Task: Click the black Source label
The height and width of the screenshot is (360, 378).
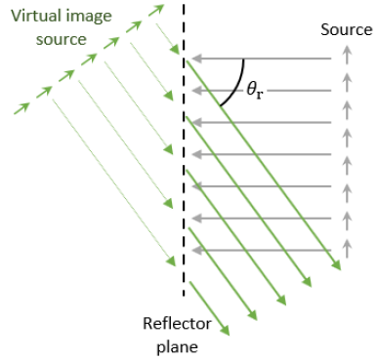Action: (346, 30)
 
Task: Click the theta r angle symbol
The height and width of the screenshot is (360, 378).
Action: (254, 90)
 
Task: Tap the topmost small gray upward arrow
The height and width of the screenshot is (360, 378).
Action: (345, 60)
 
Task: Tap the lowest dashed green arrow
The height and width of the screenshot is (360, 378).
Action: (24, 105)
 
